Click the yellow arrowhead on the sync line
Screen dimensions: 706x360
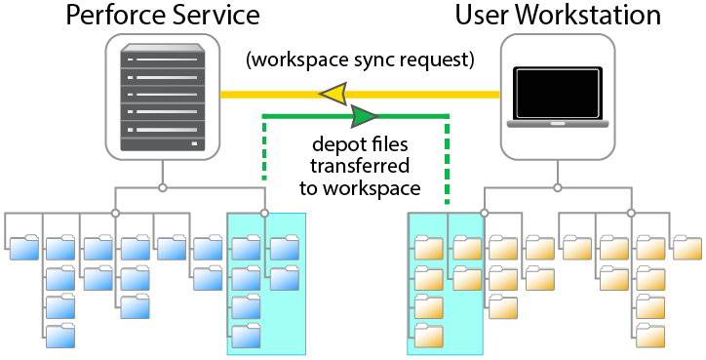coord(333,95)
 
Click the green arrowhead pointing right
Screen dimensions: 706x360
coord(365,116)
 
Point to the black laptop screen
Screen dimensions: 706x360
coord(558,94)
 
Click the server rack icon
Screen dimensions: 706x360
coord(163,98)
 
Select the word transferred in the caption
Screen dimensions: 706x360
coord(359,165)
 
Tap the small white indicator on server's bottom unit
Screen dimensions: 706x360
coord(194,143)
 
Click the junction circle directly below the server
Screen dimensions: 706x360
coord(163,187)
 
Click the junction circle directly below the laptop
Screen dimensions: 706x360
coord(558,187)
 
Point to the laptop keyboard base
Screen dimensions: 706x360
coord(558,124)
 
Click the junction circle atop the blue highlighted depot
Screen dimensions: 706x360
coord(265,213)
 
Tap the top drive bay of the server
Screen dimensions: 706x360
coord(163,60)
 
